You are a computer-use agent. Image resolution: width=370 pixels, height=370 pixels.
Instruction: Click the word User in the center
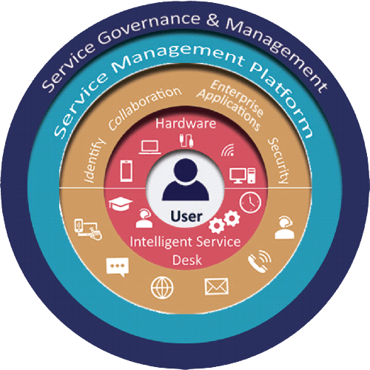(x=186, y=216)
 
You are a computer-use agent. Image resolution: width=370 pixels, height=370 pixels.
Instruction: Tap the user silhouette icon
(x=186, y=179)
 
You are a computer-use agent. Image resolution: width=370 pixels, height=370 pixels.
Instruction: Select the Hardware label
(x=186, y=124)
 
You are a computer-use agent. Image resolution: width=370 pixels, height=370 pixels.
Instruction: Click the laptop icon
(x=150, y=147)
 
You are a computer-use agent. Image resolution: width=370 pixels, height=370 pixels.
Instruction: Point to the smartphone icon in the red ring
(x=126, y=171)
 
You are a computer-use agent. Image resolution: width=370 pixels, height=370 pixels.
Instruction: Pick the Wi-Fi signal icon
(x=228, y=150)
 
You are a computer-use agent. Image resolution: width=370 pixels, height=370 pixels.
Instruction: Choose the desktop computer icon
(x=243, y=175)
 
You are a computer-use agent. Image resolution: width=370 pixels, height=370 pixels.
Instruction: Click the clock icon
(x=250, y=203)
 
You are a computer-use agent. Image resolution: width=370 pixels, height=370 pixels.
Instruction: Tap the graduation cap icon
(x=121, y=203)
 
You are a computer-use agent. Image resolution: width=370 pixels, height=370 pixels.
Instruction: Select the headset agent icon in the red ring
(x=144, y=218)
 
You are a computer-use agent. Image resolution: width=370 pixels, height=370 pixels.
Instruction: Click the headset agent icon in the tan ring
(x=285, y=228)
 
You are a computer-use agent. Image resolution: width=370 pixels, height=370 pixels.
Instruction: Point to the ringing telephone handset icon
(x=260, y=261)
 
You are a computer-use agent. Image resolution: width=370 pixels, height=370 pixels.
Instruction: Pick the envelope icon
(x=217, y=286)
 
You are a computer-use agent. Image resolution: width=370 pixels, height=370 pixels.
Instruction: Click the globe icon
(x=162, y=288)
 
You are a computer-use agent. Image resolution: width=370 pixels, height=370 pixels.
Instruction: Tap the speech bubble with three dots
(x=118, y=267)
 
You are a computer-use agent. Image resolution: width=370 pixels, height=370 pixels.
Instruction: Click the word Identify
(x=94, y=161)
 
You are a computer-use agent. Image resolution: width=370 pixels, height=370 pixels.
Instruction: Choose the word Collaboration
(x=145, y=108)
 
